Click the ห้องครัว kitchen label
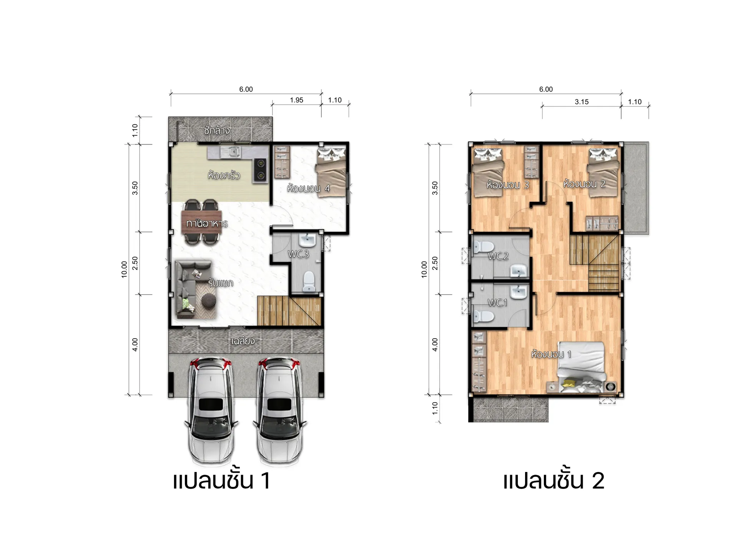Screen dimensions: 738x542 tap(224, 175)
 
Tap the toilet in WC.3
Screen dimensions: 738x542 tap(309, 282)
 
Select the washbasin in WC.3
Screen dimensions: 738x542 tap(307, 240)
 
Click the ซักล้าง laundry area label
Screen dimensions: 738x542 tap(217, 130)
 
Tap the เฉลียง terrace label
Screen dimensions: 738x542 tap(243, 341)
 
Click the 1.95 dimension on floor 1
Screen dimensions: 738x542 tap(296, 100)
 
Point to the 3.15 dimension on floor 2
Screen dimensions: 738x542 tap(582, 102)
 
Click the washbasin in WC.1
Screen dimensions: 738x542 tap(519, 292)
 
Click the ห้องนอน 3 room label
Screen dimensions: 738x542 tap(508, 185)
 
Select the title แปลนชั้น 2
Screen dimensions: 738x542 tap(554, 480)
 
